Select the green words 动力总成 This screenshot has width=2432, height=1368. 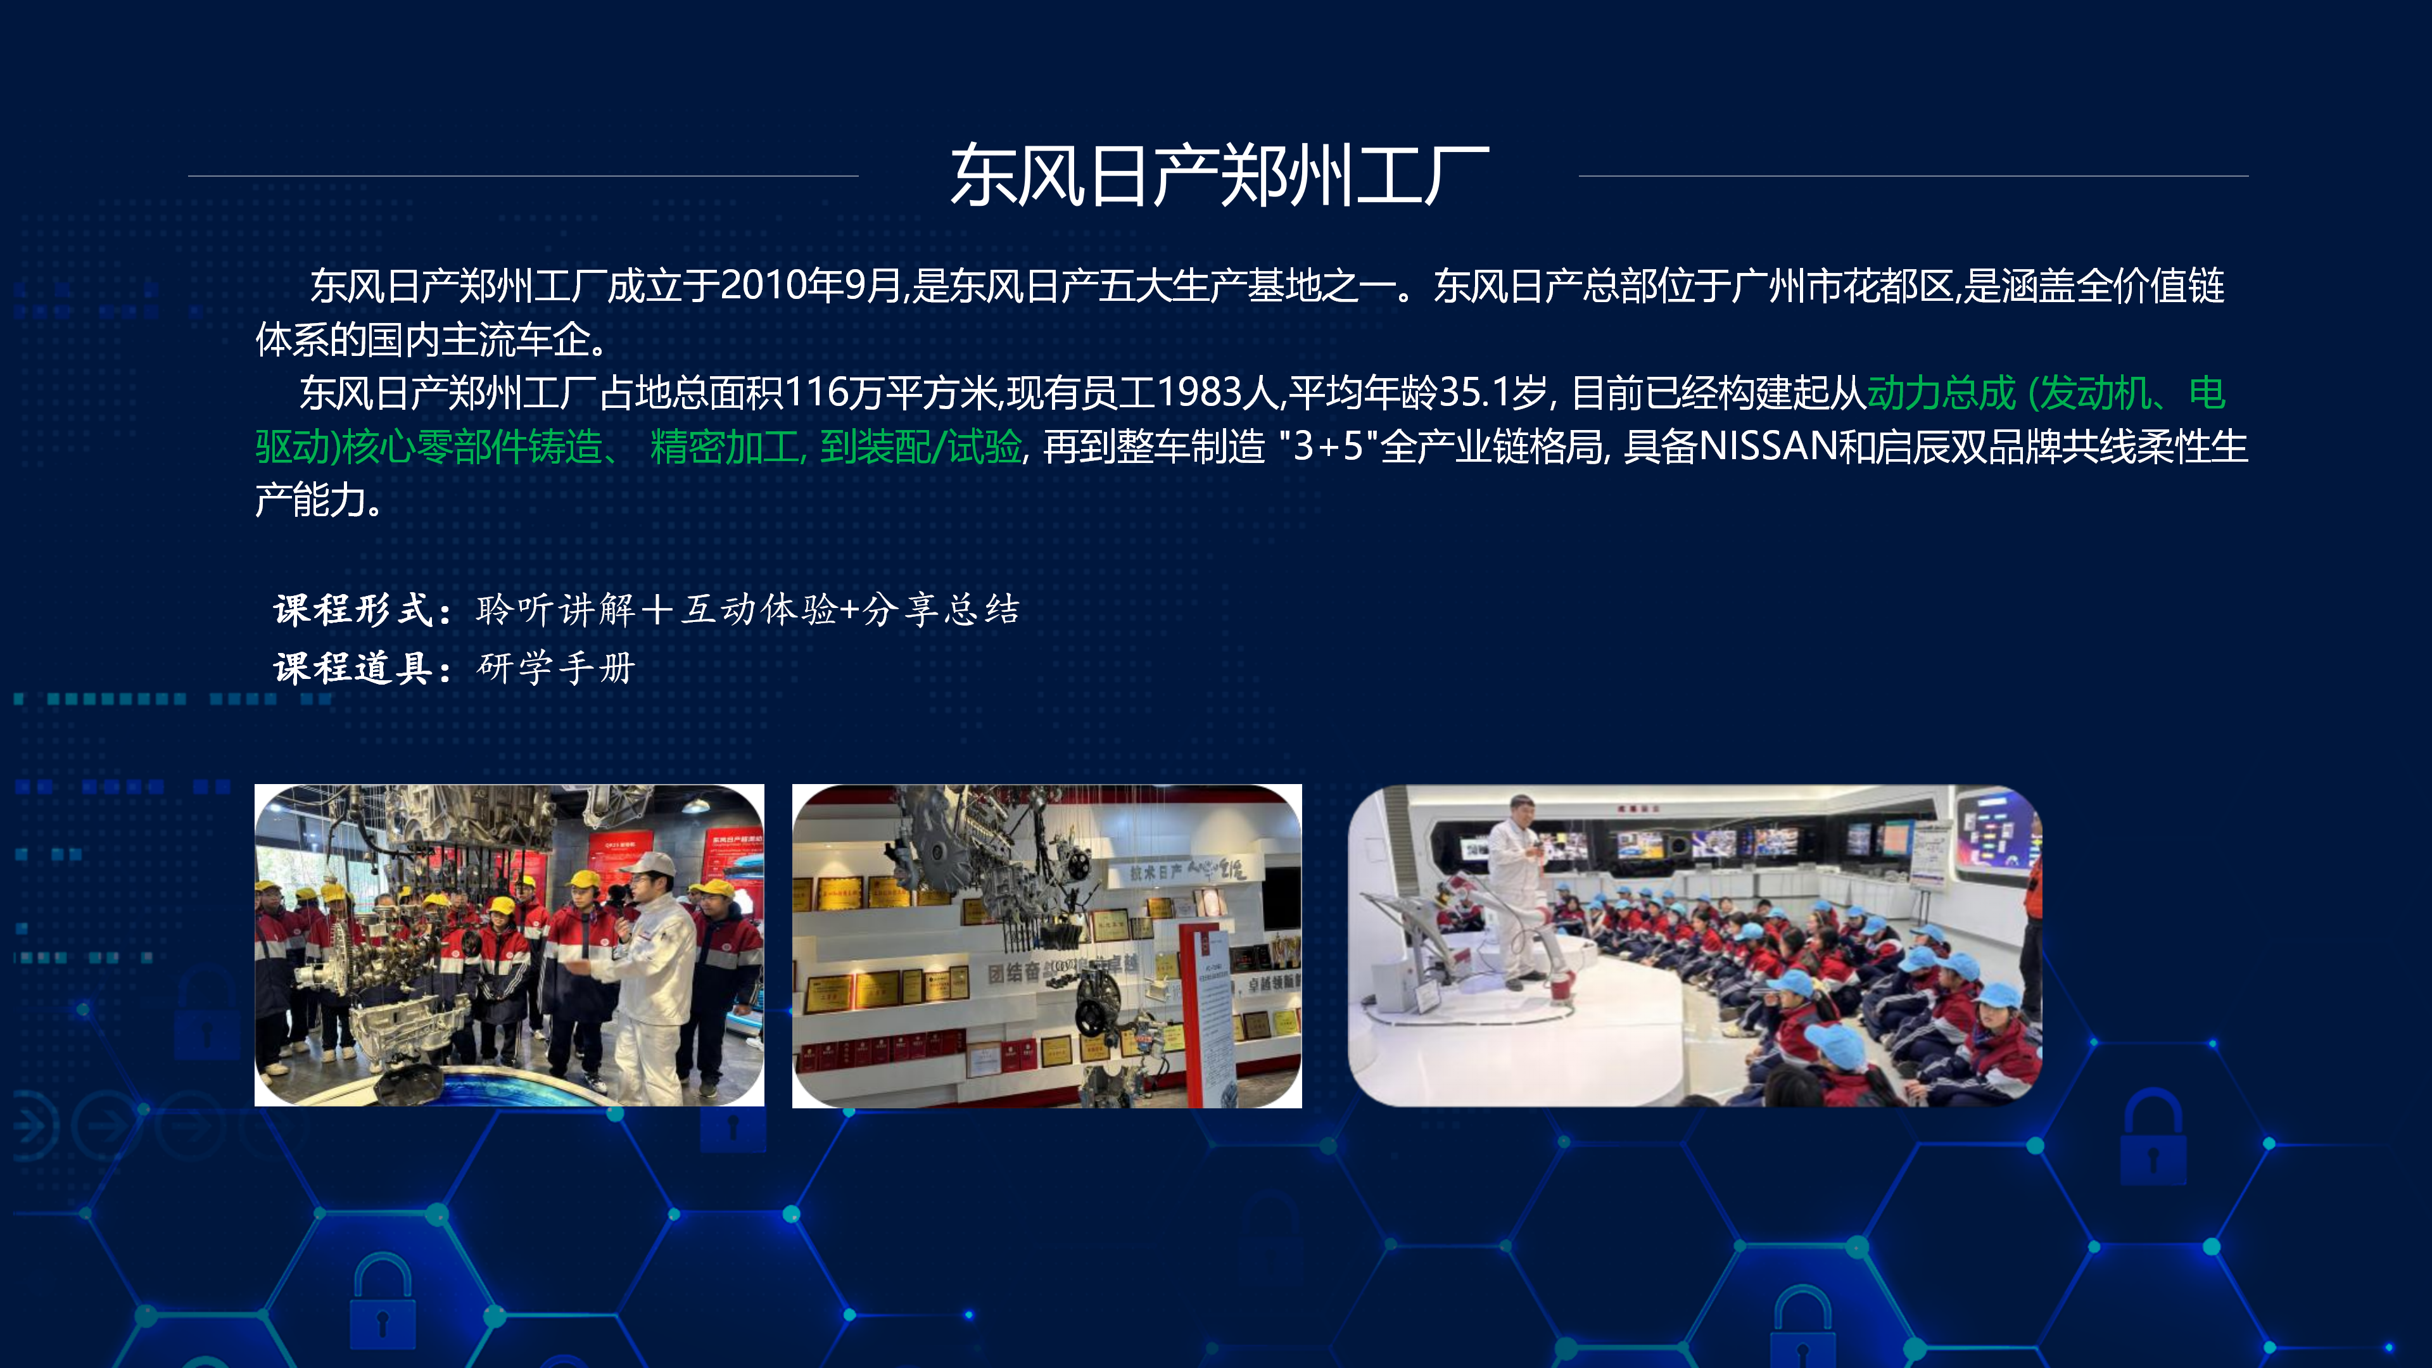click(x=1941, y=393)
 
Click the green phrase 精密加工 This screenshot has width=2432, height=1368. click(x=724, y=446)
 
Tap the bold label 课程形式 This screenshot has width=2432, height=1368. click(x=353, y=610)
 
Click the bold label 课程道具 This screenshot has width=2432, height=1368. click(x=353, y=668)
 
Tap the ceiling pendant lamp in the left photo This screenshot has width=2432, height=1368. click(x=696, y=804)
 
